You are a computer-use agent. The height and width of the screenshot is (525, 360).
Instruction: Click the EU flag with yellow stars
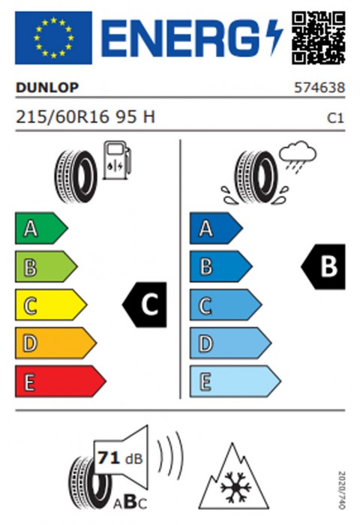tap(53, 37)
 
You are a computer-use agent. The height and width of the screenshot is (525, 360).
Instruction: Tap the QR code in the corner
tap(318, 37)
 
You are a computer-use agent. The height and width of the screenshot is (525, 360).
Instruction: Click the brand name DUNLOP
tap(47, 88)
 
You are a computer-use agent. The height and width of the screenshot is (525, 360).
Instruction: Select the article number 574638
tap(319, 88)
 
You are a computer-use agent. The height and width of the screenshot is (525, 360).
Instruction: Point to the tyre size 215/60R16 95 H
tap(85, 117)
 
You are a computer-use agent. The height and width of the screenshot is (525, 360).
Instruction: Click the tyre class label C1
tap(335, 118)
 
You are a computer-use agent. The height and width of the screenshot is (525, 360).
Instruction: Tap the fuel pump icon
tap(117, 160)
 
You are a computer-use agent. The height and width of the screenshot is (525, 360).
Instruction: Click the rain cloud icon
tap(298, 156)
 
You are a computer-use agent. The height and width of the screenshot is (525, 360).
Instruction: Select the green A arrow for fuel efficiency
tap(41, 228)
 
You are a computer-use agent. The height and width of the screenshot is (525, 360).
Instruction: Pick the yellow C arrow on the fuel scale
tap(51, 304)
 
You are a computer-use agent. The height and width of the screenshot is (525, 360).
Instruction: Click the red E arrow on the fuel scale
tap(61, 381)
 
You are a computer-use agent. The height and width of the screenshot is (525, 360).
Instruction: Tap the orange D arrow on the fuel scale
tap(55, 343)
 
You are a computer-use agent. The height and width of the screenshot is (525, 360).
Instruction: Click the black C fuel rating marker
tap(144, 304)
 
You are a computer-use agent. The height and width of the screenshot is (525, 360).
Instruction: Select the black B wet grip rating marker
tap(323, 266)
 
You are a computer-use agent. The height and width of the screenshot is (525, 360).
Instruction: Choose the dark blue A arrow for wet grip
tap(216, 228)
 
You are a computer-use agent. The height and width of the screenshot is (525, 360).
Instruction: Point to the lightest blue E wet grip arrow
tap(235, 381)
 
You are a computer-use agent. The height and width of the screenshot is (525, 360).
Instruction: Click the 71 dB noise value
tap(120, 458)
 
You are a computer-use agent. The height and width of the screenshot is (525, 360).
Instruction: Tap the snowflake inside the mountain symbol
tap(235, 487)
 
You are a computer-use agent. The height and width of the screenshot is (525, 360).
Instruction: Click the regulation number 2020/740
tap(341, 490)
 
